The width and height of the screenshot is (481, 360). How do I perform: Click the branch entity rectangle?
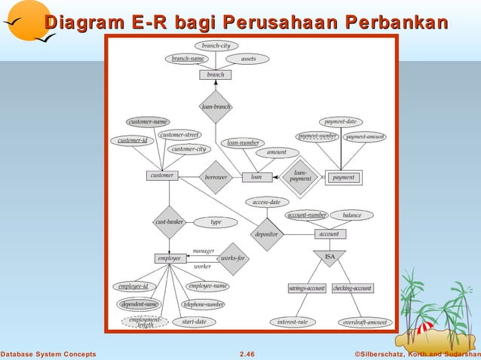click(216, 75)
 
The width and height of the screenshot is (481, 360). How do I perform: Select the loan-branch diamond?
click(216, 107)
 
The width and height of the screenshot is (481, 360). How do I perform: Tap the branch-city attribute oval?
click(216, 45)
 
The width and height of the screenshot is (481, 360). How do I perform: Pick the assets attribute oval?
click(248, 59)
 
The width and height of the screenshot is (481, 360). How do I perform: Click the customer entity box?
click(161, 175)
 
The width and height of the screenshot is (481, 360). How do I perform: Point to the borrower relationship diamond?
click(216, 177)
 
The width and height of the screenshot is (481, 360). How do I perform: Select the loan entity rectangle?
click(256, 177)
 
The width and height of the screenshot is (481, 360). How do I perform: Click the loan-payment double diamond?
click(300, 178)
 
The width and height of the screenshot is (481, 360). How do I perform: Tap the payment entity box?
click(343, 178)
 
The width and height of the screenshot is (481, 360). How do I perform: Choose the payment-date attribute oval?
click(341, 121)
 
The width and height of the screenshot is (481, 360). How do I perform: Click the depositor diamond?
click(266, 234)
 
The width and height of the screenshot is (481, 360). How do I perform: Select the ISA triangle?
click(329, 257)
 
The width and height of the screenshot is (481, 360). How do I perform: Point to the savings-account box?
click(307, 288)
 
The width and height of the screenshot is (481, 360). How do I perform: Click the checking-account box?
click(353, 288)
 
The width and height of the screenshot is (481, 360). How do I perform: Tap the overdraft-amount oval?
click(364, 322)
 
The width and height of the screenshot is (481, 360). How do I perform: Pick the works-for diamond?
click(231, 258)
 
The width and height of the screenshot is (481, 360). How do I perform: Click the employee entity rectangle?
click(169, 258)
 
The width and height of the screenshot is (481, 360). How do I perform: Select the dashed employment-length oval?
click(145, 322)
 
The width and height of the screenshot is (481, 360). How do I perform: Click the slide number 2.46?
click(247, 353)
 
